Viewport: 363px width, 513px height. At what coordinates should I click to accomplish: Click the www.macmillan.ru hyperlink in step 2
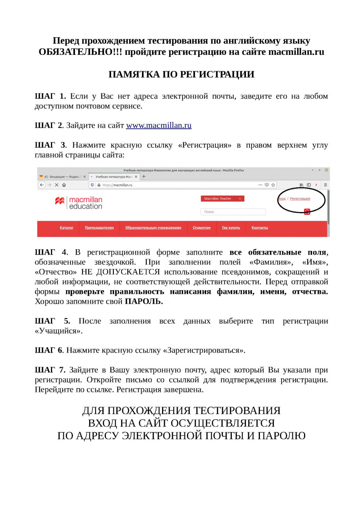coord(159,125)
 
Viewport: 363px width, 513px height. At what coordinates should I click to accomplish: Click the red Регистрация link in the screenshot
coord(300,198)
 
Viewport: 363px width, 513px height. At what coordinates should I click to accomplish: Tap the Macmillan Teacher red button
coord(222,198)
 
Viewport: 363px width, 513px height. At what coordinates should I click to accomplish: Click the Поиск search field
coord(233,212)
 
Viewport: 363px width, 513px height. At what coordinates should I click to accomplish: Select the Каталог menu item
coord(67,228)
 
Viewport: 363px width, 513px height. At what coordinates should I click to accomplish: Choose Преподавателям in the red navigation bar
coord(99,228)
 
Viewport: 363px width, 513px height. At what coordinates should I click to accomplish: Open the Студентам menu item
coord(201,228)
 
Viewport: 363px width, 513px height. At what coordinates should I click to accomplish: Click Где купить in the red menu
coord(231,228)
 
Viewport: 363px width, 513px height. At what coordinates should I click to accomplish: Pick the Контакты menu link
coord(260,228)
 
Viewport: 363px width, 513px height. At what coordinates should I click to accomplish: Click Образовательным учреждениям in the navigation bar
coord(153,228)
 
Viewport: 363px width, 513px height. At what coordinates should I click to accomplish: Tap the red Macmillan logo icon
coord(60,201)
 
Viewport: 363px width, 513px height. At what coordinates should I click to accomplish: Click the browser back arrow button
coord(42,185)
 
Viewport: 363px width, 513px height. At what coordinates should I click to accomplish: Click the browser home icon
coord(64,185)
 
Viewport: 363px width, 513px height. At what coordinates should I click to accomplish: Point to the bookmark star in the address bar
coord(273,185)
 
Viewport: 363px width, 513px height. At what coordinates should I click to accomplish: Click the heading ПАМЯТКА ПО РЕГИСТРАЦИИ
coord(181,75)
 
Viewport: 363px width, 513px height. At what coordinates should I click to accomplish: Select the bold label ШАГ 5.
coord(52,321)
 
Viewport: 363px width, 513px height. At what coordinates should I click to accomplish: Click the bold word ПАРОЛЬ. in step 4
coord(144,301)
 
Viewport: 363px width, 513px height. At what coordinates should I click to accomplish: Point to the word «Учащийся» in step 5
coord(59,331)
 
